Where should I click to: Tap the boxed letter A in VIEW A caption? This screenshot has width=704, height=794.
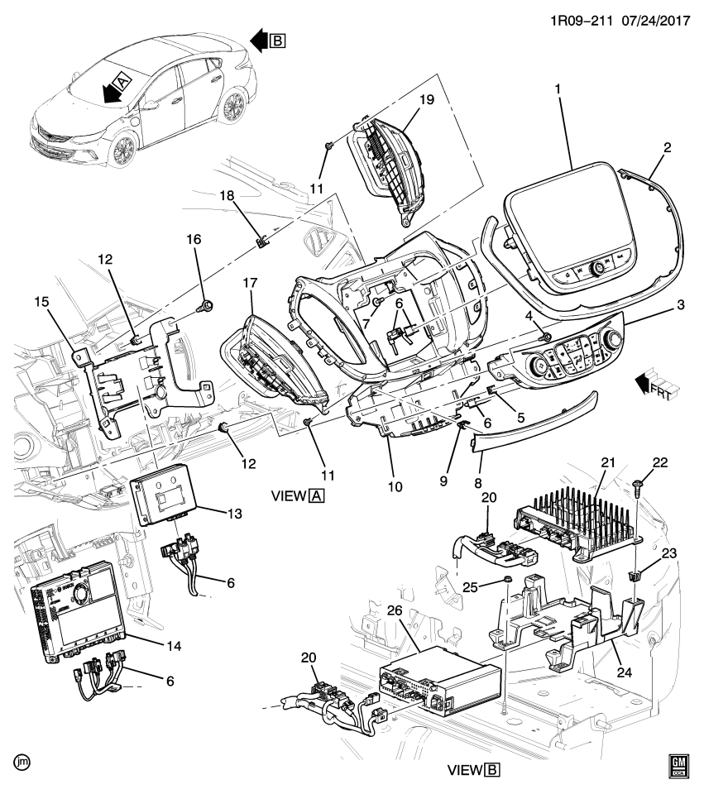coord(316,496)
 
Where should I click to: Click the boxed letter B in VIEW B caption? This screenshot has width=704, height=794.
coord(493,770)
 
